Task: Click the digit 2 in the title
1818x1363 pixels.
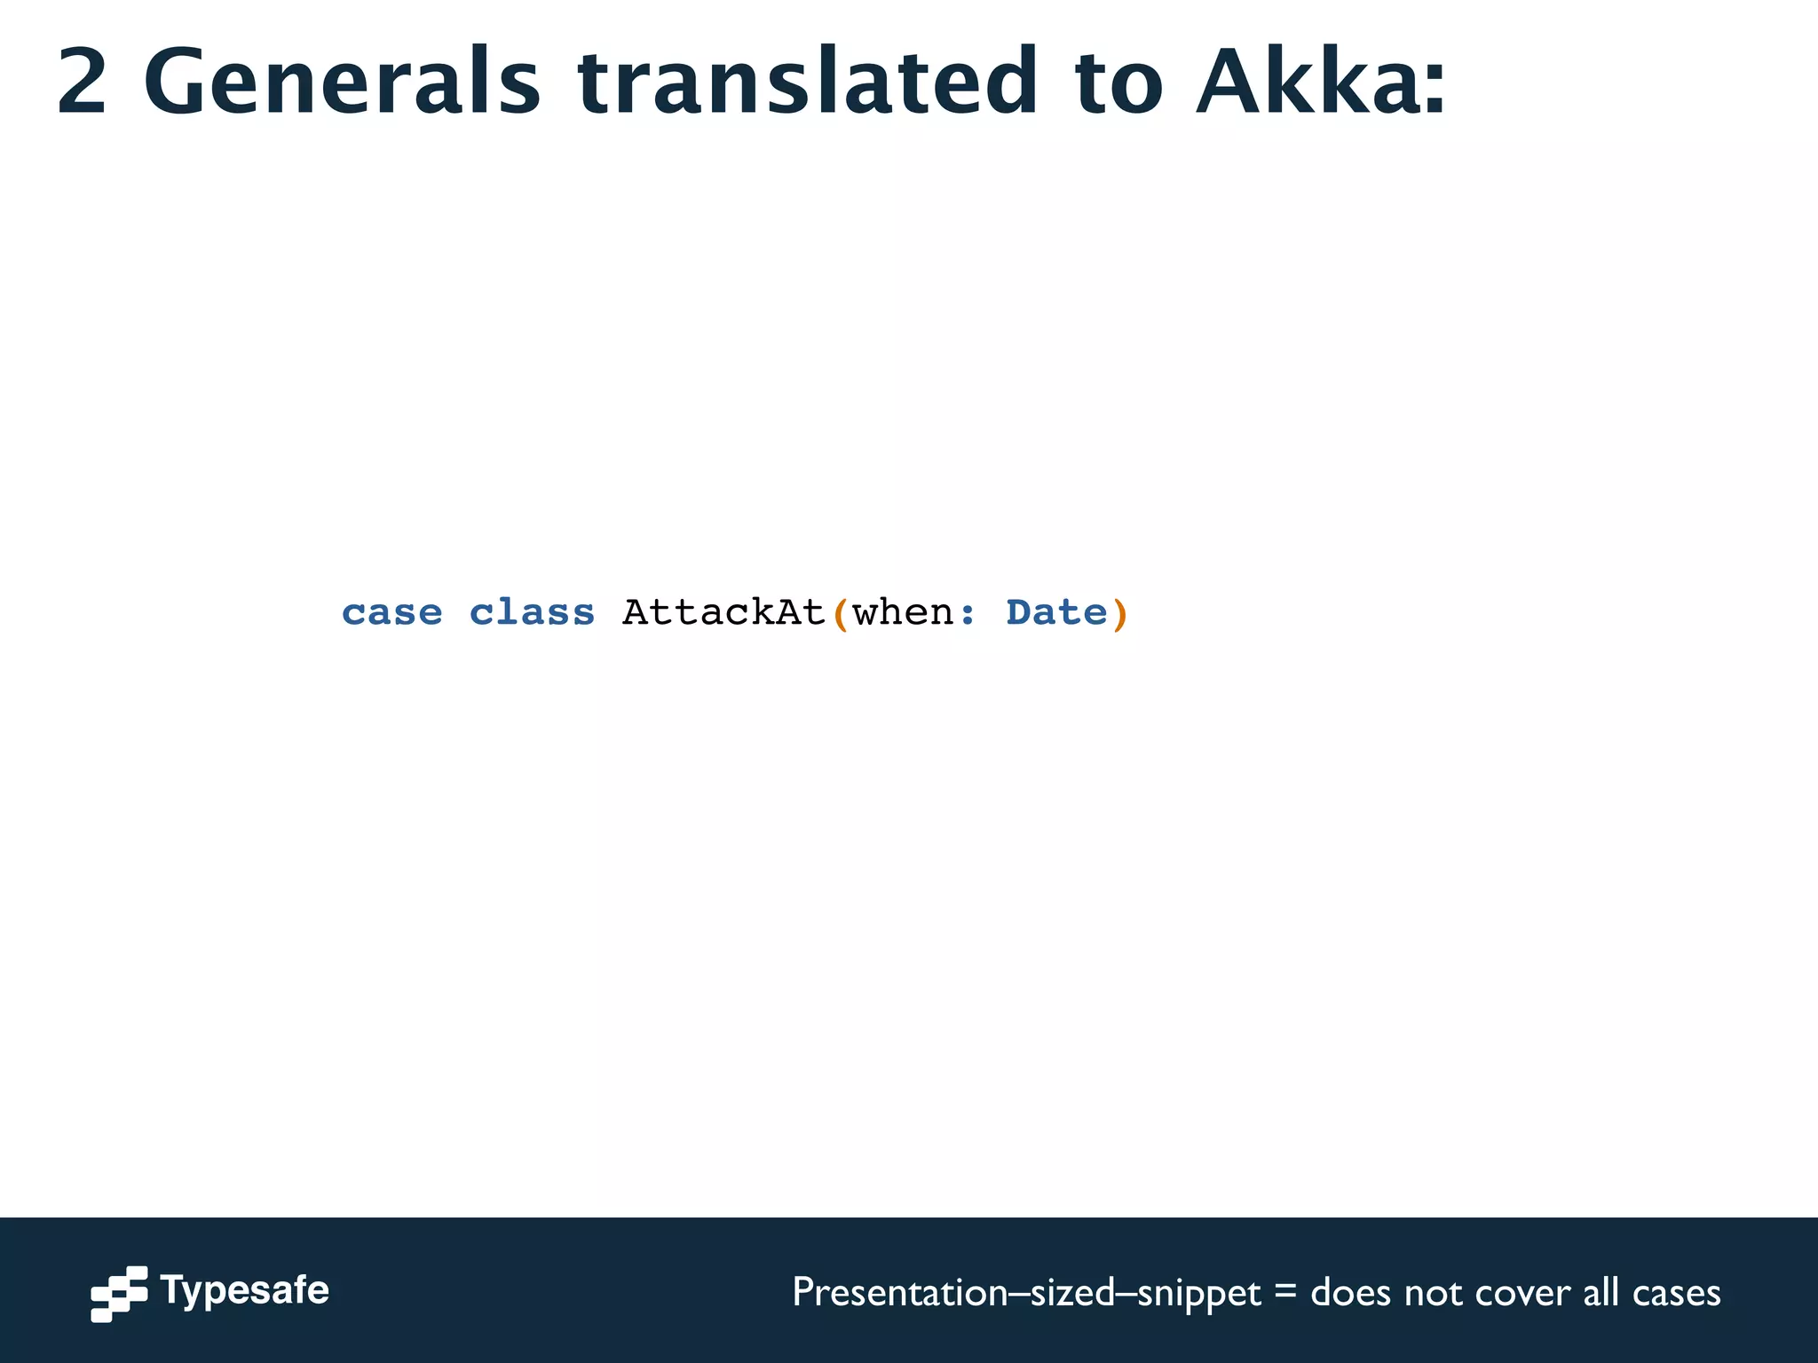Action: (83, 82)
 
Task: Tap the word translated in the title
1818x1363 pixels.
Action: (807, 82)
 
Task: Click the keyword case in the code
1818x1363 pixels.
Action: (391, 613)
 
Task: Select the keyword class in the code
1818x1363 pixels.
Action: (532, 613)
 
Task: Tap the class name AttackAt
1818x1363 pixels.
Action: (723, 613)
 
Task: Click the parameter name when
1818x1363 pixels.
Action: (903, 613)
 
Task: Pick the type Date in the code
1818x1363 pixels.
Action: (1056, 613)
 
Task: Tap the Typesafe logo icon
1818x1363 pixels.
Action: (119, 1293)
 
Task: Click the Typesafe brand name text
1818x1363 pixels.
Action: (244, 1291)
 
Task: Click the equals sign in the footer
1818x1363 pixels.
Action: (1284, 1294)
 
